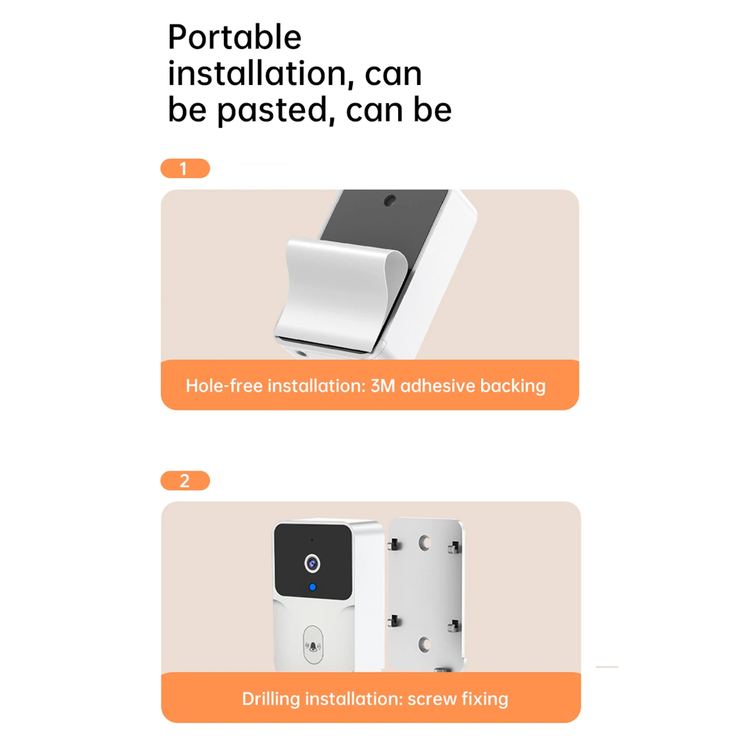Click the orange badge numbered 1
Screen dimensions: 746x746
click(x=185, y=168)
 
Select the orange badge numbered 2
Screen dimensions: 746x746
click(x=185, y=480)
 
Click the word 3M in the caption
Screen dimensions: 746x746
click(x=383, y=386)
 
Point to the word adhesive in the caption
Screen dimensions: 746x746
click(x=438, y=386)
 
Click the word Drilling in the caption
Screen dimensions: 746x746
click(x=271, y=699)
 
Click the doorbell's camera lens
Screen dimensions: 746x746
click(x=312, y=564)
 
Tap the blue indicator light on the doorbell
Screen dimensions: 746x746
click(x=313, y=587)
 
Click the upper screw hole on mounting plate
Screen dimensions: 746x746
click(x=424, y=543)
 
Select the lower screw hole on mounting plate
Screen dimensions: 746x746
click(x=424, y=644)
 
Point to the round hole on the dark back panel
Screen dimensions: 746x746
click(x=390, y=201)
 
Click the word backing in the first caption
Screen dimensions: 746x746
click(x=513, y=386)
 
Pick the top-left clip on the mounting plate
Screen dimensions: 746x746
click(x=394, y=544)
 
